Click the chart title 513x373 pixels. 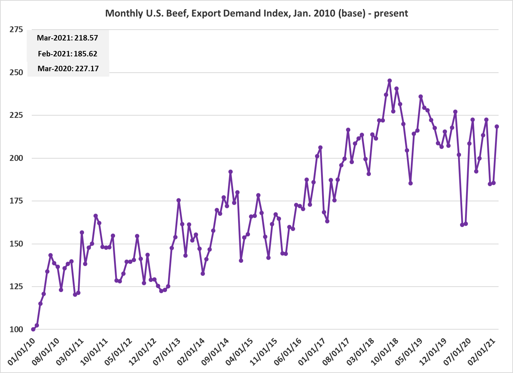click(x=256, y=13)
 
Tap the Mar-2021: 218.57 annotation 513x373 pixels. click(x=67, y=38)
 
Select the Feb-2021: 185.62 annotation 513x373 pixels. click(x=67, y=54)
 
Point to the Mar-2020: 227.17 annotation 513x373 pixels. click(x=68, y=69)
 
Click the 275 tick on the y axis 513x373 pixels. click(x=16, y=30)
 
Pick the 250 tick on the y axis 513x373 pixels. click(x=16, y=73)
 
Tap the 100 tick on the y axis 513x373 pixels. click(x=16, y=330)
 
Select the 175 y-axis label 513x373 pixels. click(x=16, y=201)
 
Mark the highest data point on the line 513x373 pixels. click(x=390, y=81)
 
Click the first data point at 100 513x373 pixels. click(x=33, y=329)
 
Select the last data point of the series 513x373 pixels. click(x=497, y=126)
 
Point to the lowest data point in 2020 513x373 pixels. click(x=462, y=225)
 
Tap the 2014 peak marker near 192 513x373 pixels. click(x=231, y=172)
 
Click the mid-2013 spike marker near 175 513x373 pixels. click(x=179, y=200)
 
